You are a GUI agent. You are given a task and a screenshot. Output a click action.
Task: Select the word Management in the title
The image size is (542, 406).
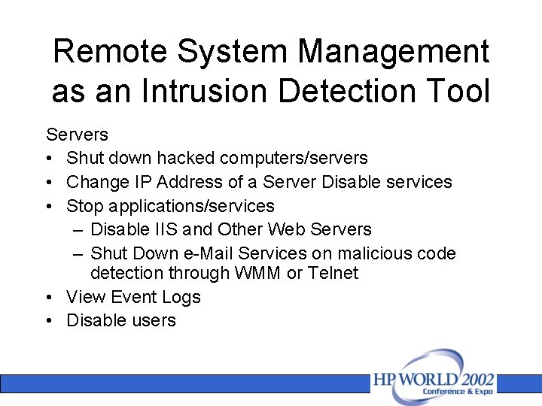(x=394, y=52)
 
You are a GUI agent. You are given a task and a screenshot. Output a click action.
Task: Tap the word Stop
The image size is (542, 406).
(x=85, y=205)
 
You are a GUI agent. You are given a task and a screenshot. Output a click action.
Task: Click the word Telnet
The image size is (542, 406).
(x=331, y=273)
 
